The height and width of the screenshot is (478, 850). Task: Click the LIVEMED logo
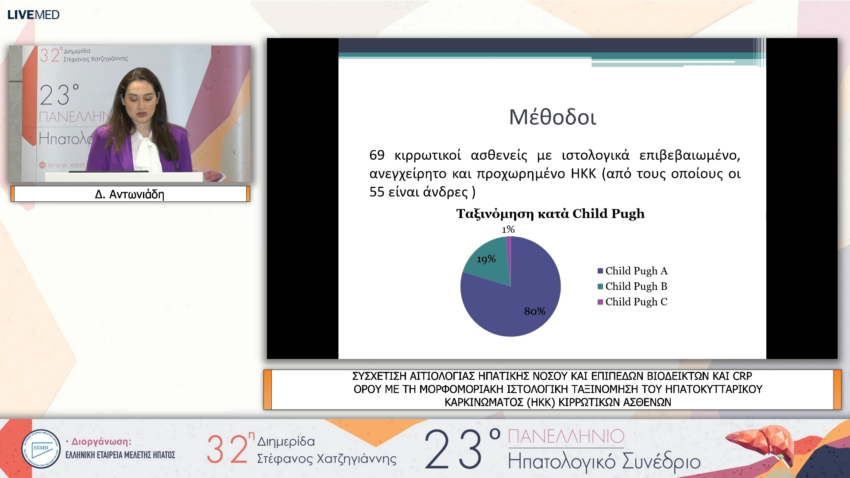pyautogui.click(x=33, y=15)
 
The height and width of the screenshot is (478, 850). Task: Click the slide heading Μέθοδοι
pyautogui.click(x=552, y=117)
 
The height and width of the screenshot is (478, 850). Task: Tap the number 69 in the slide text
pyautogui.click(x=377, y=155)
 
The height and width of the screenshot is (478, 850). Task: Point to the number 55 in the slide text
pyautogui.click(x=377, y=192)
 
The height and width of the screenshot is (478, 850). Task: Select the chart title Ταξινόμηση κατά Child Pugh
pyautogui.click(x=550, y=214)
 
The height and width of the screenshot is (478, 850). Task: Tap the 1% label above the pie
pyautogui.click(x=508, y=229)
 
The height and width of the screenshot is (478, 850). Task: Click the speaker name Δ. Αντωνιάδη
pyautogui.click(x=130, y=194)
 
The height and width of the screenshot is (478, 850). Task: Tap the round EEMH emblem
pyautogui.click(x=41, y=449)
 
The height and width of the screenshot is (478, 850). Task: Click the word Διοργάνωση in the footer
pyautogui.click(x=101, y=442)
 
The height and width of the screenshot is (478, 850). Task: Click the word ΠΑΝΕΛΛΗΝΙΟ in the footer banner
pyautogui.click(x=566, y=436)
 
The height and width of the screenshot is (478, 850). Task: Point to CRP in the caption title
pyautogui.click(x=742, y=376)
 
